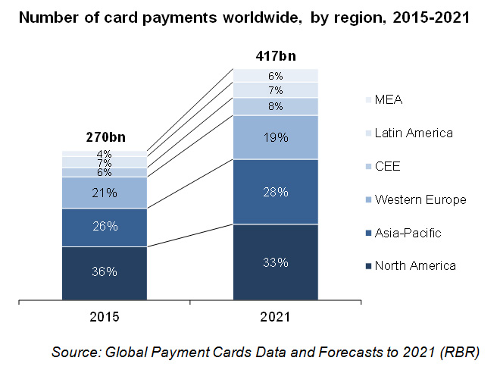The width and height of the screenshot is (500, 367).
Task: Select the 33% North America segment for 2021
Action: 275,262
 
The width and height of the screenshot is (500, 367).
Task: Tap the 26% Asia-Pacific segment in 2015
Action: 105,227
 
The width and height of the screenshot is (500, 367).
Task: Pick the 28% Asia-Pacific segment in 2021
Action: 275,192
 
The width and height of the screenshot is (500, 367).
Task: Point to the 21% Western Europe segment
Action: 105,193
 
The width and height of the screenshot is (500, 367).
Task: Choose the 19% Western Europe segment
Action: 275,137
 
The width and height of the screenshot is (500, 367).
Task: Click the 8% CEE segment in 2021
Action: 275,106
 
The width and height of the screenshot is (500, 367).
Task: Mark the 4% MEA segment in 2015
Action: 105,154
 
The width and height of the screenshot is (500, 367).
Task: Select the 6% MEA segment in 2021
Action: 275,75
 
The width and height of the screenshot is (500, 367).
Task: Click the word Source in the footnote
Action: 77,351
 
